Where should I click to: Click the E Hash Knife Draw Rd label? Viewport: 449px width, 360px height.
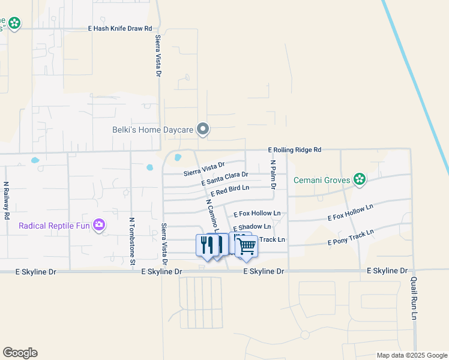[120, 28]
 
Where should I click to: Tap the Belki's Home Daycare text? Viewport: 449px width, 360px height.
[154, 129]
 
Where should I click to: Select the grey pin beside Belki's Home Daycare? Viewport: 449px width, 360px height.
[203, 129]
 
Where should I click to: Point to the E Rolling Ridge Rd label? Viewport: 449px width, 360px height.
[295, 149]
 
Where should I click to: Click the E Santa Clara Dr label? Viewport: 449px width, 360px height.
[225, 178]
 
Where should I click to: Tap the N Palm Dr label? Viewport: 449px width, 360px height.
[273, 172]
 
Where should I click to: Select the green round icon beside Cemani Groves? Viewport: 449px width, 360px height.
[360, 179]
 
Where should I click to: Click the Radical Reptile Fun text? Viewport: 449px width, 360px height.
[53, 226]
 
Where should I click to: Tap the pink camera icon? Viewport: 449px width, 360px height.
[99, 226]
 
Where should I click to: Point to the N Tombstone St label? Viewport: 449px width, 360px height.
[131, 240]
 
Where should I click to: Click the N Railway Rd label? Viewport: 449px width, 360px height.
[7, 200]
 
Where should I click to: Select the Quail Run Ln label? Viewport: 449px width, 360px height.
[414, 298]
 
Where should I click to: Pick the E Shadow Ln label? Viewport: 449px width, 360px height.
[252, 227]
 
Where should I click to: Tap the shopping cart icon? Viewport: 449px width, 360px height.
[246, 245]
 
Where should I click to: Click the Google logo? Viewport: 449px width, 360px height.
[20, 353]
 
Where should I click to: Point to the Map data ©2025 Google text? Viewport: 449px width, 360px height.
[411, 355]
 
